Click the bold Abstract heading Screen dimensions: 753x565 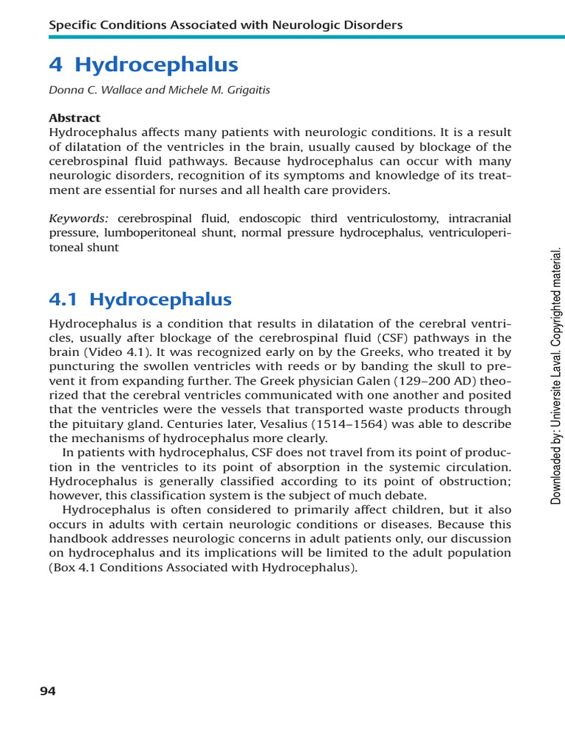tap(74, 118)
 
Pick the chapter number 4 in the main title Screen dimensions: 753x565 tap(56, 65)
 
